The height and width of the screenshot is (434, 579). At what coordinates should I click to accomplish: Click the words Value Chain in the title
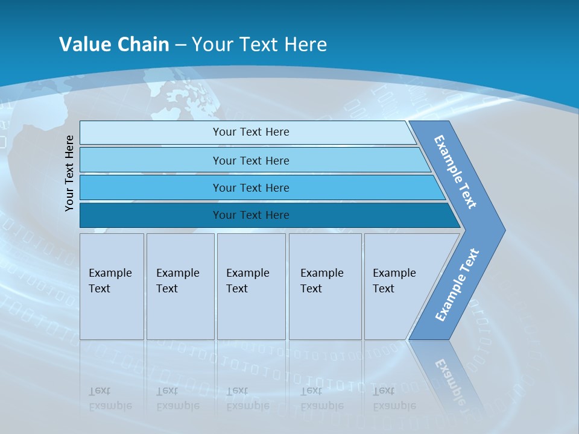coord(114,44)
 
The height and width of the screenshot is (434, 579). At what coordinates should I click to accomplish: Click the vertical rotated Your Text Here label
coord(69,173)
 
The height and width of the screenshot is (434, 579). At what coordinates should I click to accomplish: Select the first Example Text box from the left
coord(112,286)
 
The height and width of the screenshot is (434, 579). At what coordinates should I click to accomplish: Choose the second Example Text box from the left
coord(180,286)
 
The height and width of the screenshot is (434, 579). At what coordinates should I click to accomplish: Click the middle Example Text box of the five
coord(251,286)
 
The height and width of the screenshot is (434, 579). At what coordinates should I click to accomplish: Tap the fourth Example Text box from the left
coord(325,286)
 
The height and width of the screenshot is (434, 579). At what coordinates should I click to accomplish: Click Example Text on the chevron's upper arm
coord(455,172)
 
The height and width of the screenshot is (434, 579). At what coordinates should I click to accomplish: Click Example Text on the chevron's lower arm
coord(457,285)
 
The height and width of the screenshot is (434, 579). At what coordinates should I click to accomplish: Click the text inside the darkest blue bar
coord(251,215)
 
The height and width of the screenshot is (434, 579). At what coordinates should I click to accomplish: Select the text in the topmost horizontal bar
coord(251,132)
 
